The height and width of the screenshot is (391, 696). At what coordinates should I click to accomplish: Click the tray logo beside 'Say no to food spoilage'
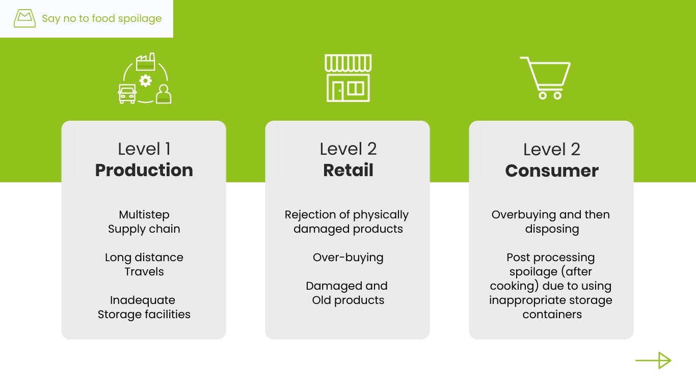pyautogui.click(x=24, y=19)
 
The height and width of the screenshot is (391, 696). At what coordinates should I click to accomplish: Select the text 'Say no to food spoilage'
pyautogui.click(x=101, y=19)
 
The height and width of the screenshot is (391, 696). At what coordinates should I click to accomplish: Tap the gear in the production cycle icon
pyautogui.click(x=146, y=80)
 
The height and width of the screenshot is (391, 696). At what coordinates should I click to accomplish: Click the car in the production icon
pyautogui.click(x=127, y=94)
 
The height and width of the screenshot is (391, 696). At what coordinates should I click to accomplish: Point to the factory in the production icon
pyautogui.click(x=145, y=62)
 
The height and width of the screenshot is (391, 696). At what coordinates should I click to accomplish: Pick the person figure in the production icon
pyautogui.click(x=164, y=94)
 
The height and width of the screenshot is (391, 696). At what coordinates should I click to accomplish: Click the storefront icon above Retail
pyautogui.click(x=348, y=78)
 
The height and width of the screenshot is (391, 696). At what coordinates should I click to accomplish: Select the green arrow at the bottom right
pyautogui.click(x=653, y=360)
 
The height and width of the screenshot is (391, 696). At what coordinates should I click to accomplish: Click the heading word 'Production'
pyautogui.click(x=144, y=170)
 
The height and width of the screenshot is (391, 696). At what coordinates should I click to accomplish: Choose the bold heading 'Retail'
pyautogui.click(x=348, y=170)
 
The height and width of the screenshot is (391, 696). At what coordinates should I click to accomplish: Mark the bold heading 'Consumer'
pyautogui.click(x=551, y=171)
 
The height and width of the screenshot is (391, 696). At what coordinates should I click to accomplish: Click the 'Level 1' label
pyautogui.click(x=144, y=149)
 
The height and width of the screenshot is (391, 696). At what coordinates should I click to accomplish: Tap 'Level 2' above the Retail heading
pyautogui.click(x=348, y=149)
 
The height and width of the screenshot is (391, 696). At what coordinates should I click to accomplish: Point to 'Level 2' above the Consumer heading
pyautogui.click(x=551, y=150)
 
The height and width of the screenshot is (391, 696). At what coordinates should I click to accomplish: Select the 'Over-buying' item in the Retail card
pyautogui.click(x=348, y=257)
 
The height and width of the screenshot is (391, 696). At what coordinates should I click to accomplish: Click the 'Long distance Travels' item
pyautogui.click(x=144, y=264)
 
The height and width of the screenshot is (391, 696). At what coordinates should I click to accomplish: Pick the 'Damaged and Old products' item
pyautogui.click(x=347, y=293)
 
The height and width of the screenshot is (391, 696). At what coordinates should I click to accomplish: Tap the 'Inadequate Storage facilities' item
pyautogui.click(x=144, y=307)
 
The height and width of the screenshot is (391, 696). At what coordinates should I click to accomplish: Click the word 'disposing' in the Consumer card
pyautogui.click(x=552, y=229)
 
